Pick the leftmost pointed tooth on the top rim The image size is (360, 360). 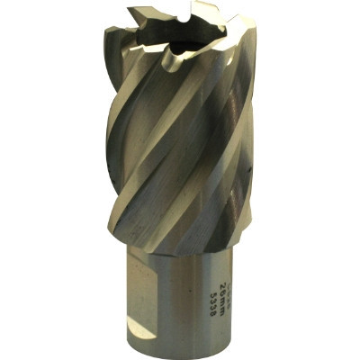pyautogui.click(x=130, y=10)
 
